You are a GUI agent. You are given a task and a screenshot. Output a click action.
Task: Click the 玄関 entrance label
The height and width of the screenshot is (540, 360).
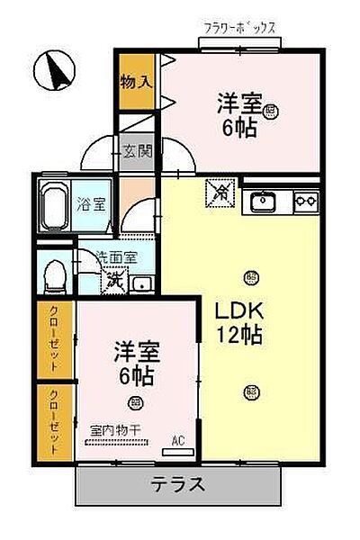pyautogui.click(x=137, y=151)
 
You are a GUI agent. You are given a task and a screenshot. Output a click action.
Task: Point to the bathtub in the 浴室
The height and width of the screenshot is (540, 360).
pyautogui.click(x=57, y=204)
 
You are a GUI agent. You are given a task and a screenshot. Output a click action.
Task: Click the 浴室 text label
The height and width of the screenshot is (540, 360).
pyautogui.click(x=91, y=204)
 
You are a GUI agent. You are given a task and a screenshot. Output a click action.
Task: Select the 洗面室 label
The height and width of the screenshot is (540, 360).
pyautogui.click(x=117, y=256)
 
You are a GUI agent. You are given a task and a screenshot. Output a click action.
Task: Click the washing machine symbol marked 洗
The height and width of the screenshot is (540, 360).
pyautogui.click(x=113, y=282)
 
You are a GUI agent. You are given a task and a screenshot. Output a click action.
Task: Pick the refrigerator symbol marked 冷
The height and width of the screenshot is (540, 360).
pyautogui.click(x=220, y=190)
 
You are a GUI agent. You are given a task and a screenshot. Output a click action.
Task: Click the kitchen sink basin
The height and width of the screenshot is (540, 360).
pyautogui.click(x=263, y=200)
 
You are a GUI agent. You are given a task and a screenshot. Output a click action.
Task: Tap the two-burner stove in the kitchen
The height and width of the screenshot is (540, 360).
pyautogui.click(x=306, y=200)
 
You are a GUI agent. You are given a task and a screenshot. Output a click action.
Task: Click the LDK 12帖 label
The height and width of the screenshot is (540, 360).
pyautogui.click(x=238, y=322)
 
